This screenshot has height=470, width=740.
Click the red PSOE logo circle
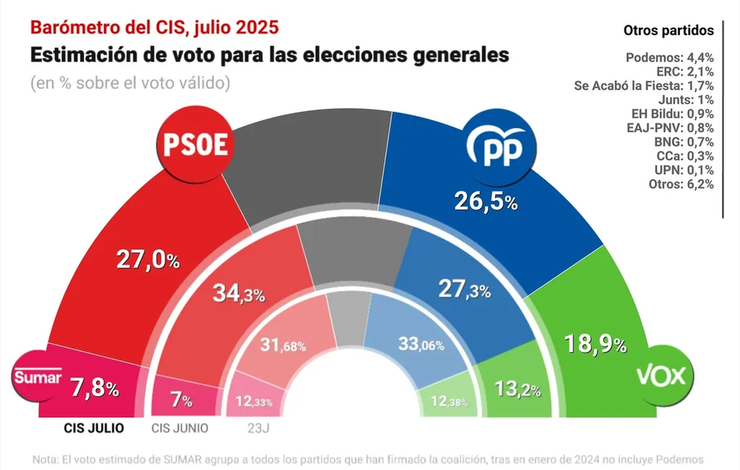(x=194, y=146)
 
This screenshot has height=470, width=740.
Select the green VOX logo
(x=664, y=377)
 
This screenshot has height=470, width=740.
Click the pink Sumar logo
(x=37, y=377)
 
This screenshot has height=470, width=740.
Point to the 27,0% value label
(x=148, y=260)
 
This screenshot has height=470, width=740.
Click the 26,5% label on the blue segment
(x=486, y=202)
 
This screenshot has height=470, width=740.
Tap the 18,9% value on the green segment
(x=595, y=343)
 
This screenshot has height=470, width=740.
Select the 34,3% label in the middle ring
(x=239, y=294)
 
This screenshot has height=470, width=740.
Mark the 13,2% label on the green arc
(x=518, y=390)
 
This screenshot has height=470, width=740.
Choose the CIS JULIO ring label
(x=94, y=428)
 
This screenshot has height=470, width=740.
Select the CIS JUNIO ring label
(x=180, y=428)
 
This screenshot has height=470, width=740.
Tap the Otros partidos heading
(x=668, y=30)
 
